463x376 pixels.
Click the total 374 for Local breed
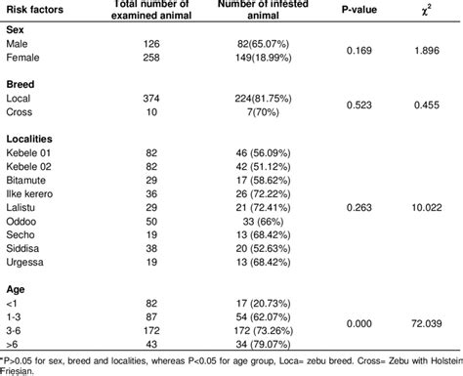131,100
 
